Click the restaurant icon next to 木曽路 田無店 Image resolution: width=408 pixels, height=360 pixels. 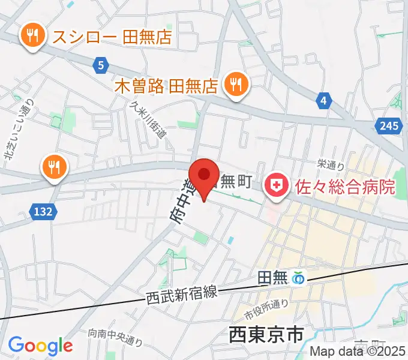pyautogui.click(x=234, y=86)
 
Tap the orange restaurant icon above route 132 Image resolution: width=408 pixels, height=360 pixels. pyautogui.click(x=53, y=167)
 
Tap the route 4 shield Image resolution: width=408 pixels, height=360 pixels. pyautogui.click(x=323, y=100)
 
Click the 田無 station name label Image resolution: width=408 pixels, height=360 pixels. pyautogui.click(x=272, y=278)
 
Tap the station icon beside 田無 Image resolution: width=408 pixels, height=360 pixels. pyautogui.click(x=298, y=278)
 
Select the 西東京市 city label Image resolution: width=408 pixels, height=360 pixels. pyautogui.click(x=267, y=334)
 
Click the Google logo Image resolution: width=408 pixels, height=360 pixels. pyautogui.click(x=40, y=345)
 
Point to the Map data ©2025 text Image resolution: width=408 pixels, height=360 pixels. pyautogui.click(x=358, y=352)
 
